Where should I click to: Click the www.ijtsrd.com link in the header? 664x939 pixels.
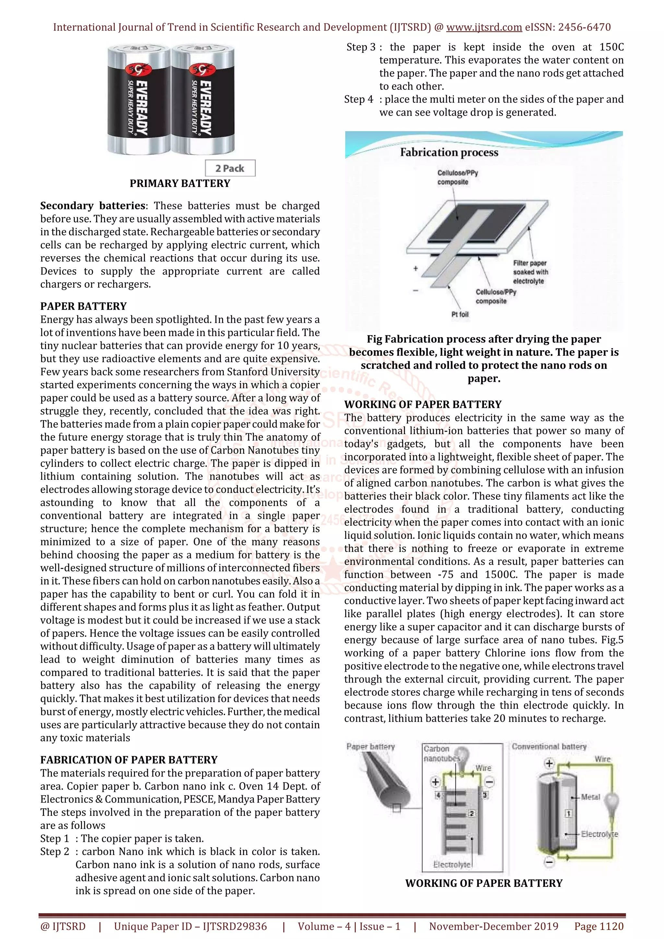click(x=484, y=28)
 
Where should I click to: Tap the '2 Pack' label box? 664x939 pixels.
click(x=230, y=168)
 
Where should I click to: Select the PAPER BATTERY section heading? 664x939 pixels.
click(x=83, y=306)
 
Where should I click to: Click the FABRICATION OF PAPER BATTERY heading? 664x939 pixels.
click(x=129, y=759)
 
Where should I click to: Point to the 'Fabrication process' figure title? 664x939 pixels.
click(x=449, y=153)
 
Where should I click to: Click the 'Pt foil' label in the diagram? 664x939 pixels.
click(x=460, y=314)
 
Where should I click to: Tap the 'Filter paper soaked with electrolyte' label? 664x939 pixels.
click(x=530, y=272)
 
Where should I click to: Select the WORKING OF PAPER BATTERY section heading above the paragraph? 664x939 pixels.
click(x=423, y=404)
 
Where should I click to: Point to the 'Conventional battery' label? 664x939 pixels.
click(x=549, y=747)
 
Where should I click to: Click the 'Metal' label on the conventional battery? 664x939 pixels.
click(x=590, y=797)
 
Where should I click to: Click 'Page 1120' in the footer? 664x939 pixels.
click(x=599, y=926)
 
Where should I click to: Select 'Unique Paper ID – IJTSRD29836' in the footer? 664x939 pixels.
click(x=190, y=926)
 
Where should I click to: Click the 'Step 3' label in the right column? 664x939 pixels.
click(x=361, y=47)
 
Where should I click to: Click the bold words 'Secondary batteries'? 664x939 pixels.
click(x=93, y=205)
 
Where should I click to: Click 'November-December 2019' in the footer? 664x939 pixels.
click(x=493, y=926)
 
